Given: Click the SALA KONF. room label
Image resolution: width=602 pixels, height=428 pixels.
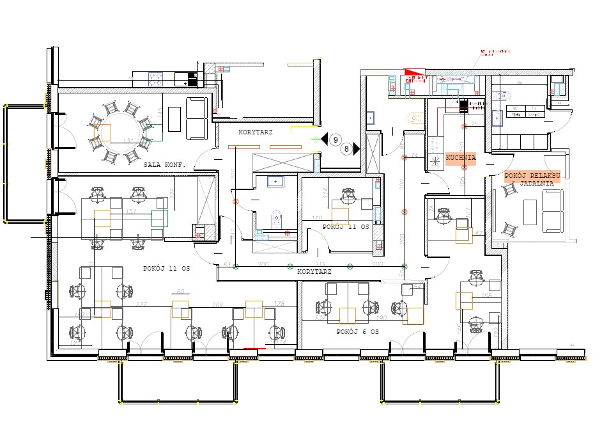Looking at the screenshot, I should pos(164,164).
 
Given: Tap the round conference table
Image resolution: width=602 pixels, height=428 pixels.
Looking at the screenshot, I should pos(120,132).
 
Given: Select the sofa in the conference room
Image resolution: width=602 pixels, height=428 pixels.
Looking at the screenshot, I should pos(197,118).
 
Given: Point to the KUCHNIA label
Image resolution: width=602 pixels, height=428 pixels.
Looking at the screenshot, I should pos(461,157).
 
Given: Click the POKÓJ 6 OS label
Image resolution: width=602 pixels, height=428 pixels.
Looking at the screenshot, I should pos(358,332).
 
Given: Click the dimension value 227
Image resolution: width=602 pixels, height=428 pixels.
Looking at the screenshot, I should pos(142,304).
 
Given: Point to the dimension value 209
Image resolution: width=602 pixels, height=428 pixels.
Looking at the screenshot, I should pos(217,304).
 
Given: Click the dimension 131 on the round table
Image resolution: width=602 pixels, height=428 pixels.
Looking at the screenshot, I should pos(128,141).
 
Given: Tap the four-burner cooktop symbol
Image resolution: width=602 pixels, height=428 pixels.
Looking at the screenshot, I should pos(157,79).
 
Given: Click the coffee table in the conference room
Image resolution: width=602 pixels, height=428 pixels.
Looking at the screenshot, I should pos(174,118).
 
